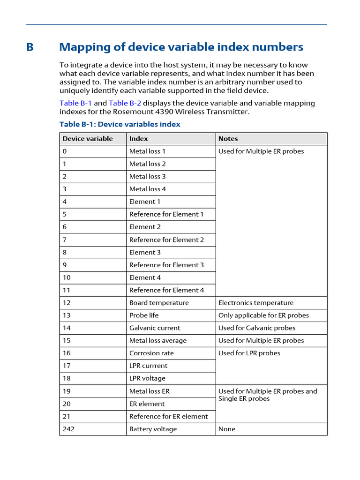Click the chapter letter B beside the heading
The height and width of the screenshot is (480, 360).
[x=30, y=47]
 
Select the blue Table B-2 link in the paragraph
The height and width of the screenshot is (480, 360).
[x=125, y=103]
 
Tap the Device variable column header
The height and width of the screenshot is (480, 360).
[x=88, y=139]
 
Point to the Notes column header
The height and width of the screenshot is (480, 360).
[x=228, y=139]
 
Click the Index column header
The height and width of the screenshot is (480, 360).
[x=138, y=139]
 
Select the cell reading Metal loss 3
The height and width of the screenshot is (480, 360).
[x=147, y=177]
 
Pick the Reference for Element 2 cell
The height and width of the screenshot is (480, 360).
[x=166, y=240]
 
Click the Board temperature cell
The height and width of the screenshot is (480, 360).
[x=159, y=303]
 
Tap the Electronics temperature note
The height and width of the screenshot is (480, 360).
[x=255, y=303]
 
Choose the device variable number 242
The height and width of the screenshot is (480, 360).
[x=68, y=429]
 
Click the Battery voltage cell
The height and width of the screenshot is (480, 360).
[x=153, y=429]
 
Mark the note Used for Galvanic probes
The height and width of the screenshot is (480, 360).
[x=256, y=328]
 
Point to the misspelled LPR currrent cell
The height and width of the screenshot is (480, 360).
[x=148, y=366]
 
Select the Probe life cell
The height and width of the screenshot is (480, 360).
[x=144, y=315]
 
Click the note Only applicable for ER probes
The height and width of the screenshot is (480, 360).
[x=263, y=315]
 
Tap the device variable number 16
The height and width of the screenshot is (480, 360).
[x=67, y=353]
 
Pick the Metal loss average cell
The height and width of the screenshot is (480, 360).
[x=157, y=341]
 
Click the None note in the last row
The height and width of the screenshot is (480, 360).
[x=227, y=429]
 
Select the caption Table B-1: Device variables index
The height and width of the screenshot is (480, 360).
[x=120, y=124]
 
